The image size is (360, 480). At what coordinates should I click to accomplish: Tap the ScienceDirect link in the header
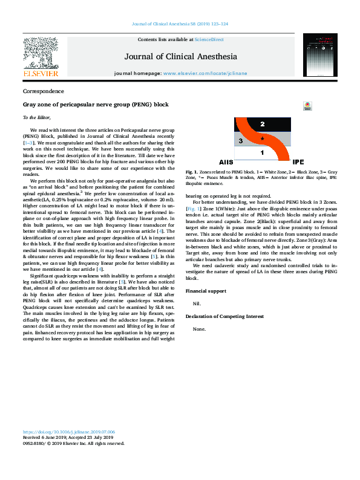coord(208,39)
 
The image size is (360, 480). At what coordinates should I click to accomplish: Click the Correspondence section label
coord(43,91)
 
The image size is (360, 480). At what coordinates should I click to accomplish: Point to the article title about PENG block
coord(96,105)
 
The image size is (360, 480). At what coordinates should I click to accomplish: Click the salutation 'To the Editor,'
coord(37,117)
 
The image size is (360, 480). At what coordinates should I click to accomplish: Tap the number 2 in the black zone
coord(262,124)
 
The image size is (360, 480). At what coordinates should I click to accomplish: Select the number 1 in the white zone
coord(262,153)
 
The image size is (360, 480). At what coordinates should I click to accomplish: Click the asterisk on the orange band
coord(261,139)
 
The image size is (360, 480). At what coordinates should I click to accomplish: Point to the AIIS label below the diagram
coord(226,163)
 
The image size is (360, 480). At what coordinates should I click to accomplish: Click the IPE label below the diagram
coord(298,163)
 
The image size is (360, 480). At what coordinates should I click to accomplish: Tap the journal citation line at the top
coord(180,25)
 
